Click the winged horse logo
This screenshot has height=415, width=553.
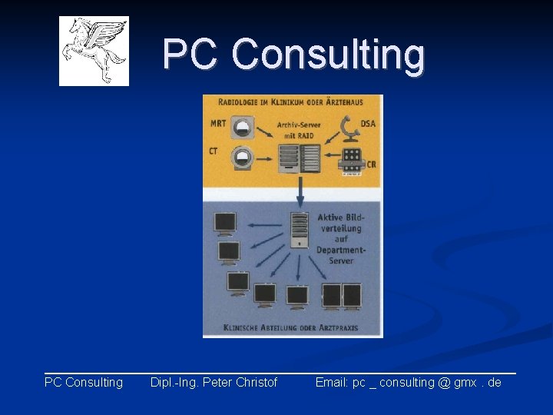[x=94, y=51]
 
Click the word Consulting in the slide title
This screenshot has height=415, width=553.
[x=328, y=55]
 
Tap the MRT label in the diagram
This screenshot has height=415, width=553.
[x=218, y=123]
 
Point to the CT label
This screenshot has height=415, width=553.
[x=214, y=151]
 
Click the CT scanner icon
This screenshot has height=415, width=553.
[x=243, y=157]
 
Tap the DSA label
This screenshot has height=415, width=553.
[x=368, y=123]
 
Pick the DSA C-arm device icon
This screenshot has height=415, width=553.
[x=349, y=128]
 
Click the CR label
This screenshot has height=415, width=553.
[x=371, y=164]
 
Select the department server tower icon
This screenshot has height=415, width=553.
[x=299, y=231]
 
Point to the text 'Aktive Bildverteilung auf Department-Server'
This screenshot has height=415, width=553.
[x=341, y=239]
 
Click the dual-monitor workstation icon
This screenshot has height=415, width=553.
[x=342, y=296]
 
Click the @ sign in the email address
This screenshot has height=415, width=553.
[x=443, y=383]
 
